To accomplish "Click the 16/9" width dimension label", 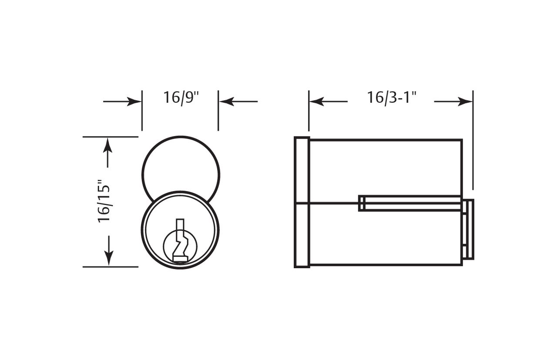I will [x=181, y=98].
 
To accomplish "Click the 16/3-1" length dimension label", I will [x=392, y=98].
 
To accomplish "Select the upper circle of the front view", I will [x=180, y=165].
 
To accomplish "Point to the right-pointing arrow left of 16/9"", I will [x=122, y=102].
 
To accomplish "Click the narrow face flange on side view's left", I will [x=302, y=202].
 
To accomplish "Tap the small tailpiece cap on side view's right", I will [x=469, y=229].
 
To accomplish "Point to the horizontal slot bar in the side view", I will [x=409, y=203].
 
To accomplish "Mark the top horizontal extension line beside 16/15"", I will [x=110, y=137].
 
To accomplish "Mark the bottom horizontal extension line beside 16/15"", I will [x=110, y=266].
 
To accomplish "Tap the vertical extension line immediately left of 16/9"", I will [x=142, y=111].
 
